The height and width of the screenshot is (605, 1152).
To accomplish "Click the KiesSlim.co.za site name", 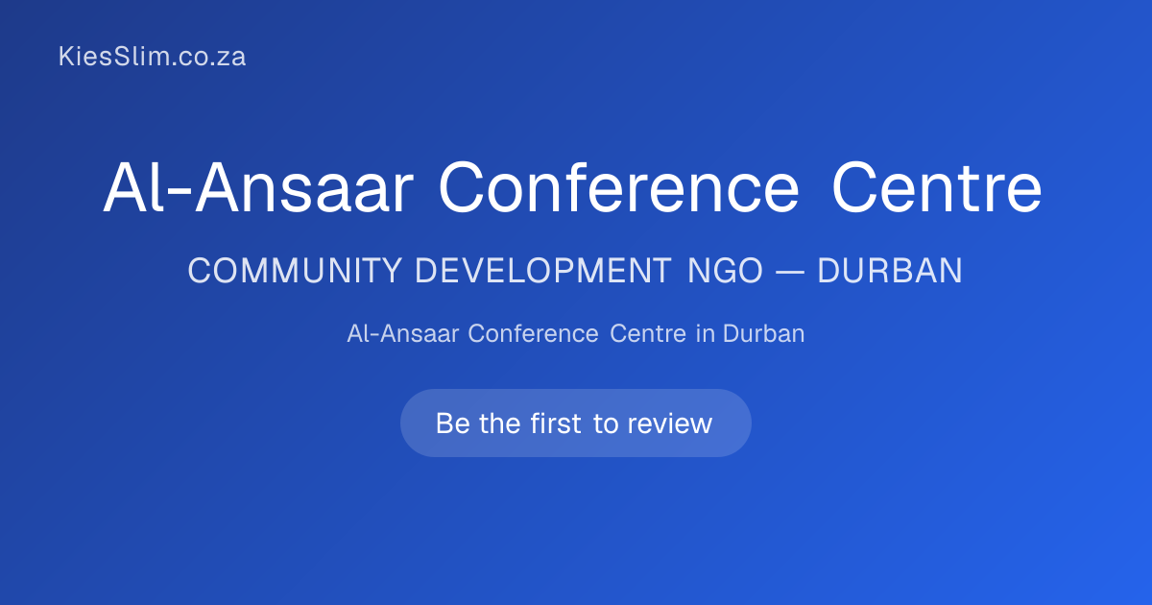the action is (152, 56).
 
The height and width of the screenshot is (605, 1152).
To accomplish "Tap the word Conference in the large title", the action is (618, 188).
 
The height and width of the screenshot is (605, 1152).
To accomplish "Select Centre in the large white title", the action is (937, 188).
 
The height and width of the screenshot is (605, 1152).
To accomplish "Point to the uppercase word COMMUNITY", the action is (295, 271).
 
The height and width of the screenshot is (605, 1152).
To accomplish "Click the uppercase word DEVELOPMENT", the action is (543, 271).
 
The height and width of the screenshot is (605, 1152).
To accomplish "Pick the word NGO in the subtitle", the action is (725, 271).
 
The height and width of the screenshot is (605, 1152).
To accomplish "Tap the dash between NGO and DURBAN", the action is (789, 271).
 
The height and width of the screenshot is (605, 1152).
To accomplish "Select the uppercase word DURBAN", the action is (890, 271).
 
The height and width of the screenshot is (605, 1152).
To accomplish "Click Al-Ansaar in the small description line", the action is (402, 334).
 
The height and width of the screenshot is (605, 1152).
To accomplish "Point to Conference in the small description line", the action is (533, 334).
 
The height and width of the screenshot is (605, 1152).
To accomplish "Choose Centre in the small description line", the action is (648, 334).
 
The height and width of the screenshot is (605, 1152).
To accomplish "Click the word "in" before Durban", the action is (705, 334).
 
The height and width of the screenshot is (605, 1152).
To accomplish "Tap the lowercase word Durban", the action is (764, 334).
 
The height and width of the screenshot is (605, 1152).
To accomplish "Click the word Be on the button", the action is (453, 423).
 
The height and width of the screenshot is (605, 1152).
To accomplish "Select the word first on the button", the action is (556, 423).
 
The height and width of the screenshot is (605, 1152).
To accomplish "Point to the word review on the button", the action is (670, 423).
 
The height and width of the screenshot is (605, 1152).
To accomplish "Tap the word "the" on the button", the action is (500, 423).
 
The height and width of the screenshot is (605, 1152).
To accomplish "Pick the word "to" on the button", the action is (606, 424).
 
